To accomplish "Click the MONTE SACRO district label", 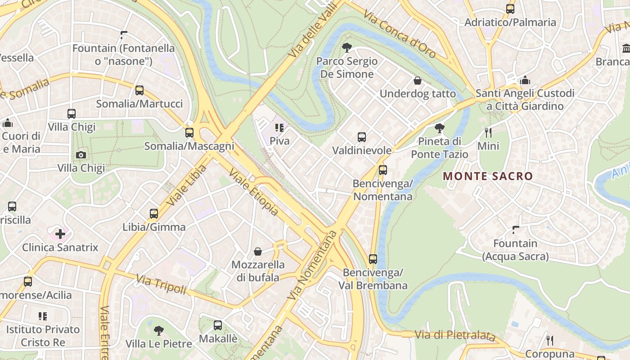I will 488,176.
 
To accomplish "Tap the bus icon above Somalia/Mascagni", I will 189,133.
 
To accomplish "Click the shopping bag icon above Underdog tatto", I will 418,81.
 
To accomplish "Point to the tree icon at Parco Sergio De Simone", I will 346,47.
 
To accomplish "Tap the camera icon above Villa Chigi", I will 81,155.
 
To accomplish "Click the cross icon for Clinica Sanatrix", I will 60,234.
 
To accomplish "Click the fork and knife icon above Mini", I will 488,133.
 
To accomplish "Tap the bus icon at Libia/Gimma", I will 154,214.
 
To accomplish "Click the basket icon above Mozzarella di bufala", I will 258,252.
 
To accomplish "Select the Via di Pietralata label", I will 454,335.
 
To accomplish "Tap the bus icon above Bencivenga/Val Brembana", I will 373,259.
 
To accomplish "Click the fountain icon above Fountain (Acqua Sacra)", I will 516,230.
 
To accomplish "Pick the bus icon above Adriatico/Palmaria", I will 510,9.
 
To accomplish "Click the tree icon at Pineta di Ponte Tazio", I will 440,128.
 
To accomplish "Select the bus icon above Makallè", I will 218,325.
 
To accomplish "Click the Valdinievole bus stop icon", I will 362,137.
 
